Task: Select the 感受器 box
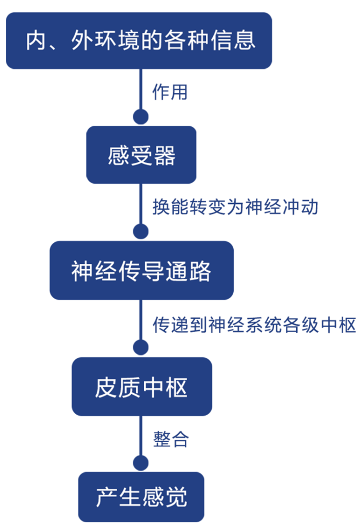tap(141, 156)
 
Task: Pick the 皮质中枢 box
tap(141, 387)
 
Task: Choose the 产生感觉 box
tap(141, 497)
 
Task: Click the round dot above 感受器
tap(141, 116)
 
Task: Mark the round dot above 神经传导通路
tap(141, 232)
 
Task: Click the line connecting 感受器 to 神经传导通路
tap(141, 204)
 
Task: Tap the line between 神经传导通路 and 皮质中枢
tap(141, 320)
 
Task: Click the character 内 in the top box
tap(37, 41)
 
